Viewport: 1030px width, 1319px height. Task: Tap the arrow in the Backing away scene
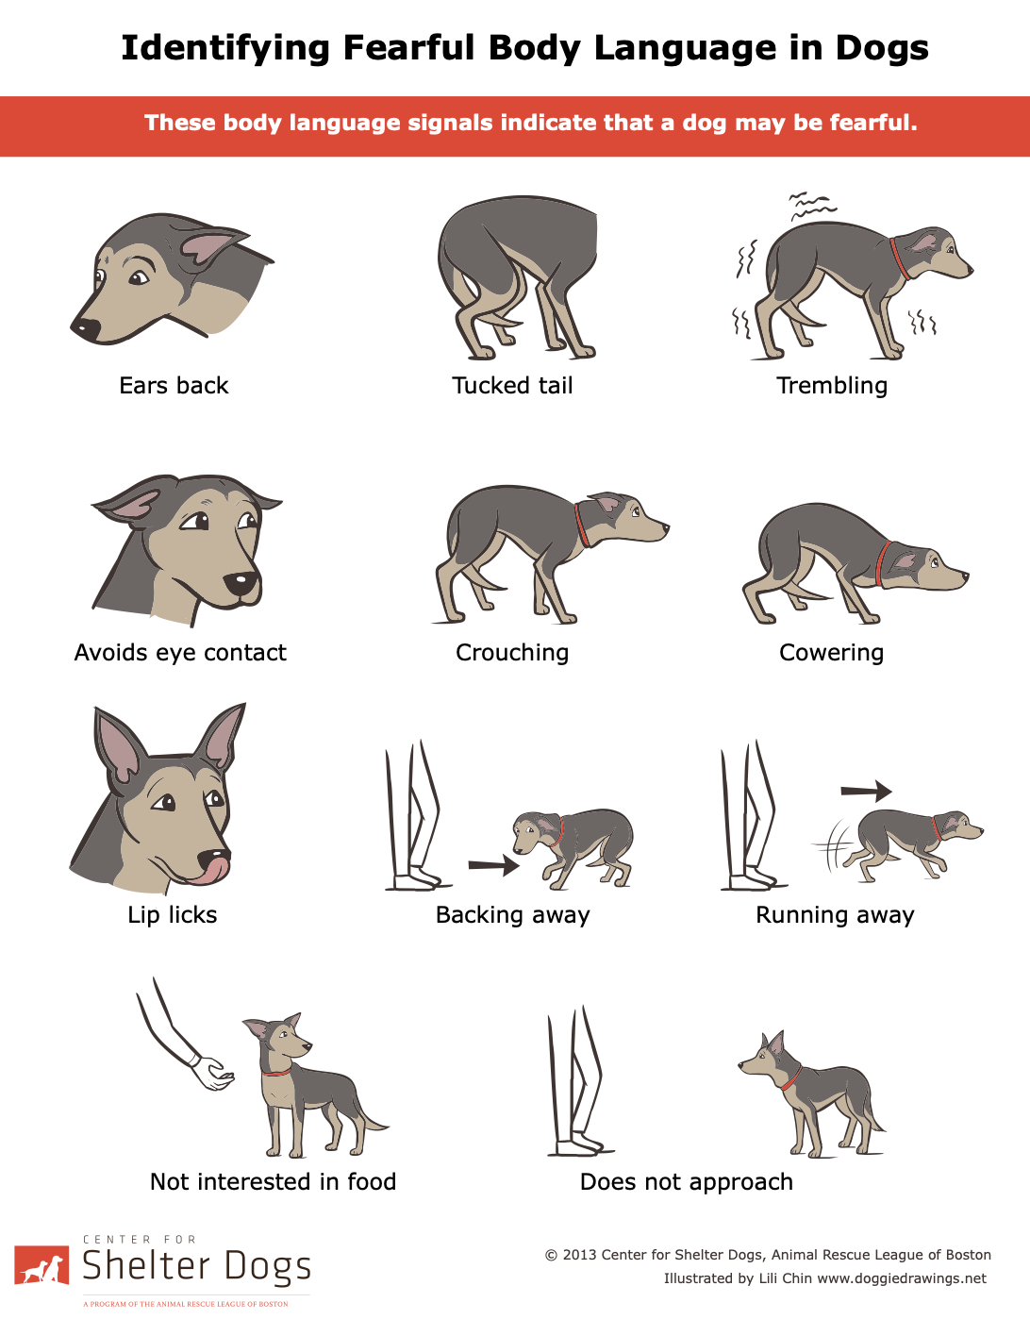click(x=493, y=864)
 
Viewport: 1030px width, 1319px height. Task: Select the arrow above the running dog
click(x=866, y=791)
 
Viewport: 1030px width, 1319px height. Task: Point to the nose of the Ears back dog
click(x=86, y=327)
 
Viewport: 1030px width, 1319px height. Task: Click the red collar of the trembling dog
click(x=900, y=259)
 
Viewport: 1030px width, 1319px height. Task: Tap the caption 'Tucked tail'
click(x=512, y=386)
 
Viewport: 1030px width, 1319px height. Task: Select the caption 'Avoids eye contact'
click(x=180, y=653)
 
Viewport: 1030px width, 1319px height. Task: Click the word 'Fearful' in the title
click(x=408, y=47)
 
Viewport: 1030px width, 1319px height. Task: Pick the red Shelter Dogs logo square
click(x=42, y=1265)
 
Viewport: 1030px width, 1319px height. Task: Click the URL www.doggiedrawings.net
click(x=902, y=1278)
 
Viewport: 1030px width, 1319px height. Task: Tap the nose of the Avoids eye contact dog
click(x=241, y=583)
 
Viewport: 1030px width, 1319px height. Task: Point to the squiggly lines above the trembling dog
click(x=811, y=206)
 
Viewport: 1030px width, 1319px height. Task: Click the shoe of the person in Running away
click(x=752, y=881)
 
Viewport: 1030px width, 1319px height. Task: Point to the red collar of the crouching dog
click(x=582, y=525)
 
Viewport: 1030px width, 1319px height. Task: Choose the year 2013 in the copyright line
click(x=579, y=1255)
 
